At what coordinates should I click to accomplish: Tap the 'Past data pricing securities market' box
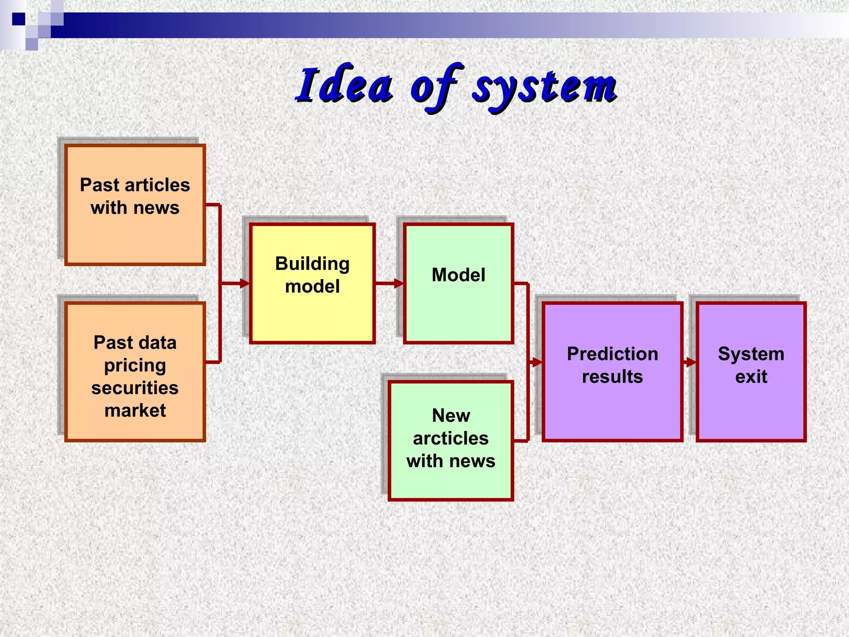click(135, 371)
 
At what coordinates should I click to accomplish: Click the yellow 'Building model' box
click(312, 283)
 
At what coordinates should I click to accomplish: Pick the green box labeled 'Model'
click(458, 283)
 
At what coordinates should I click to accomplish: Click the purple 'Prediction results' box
click(612, 371)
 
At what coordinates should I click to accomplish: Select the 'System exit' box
click(751, 371)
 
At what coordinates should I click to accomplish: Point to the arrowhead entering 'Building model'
click(245, 283)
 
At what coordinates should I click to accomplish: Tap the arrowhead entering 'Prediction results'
click(537, 362)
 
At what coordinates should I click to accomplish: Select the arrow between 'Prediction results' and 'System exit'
click(689, 362)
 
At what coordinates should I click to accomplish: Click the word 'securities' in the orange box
click(135, 388)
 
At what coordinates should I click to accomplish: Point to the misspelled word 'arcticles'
click(451, 438)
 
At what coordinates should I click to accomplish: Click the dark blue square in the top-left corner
click(18, 19)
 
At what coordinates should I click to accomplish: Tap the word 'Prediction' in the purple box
click(612, 354)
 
